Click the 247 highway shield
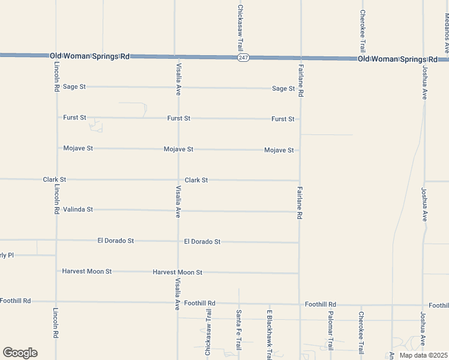point(243,58)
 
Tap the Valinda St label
point(78,209)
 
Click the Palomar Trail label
point(330,331)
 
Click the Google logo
point(20,353)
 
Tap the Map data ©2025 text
point(423,355)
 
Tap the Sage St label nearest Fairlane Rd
point(283,88)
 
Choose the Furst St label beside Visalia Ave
point(178,118)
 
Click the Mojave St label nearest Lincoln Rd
point(78,148)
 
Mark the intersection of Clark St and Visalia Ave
point(178,179)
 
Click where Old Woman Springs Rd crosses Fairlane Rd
point(300,58)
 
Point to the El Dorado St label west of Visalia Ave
point(115,241)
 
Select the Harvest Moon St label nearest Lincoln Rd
point(87,271)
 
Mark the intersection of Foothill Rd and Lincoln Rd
point(56,301)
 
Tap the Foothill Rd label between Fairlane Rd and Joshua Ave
point(320,304)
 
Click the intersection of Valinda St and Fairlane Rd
point(299,211)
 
